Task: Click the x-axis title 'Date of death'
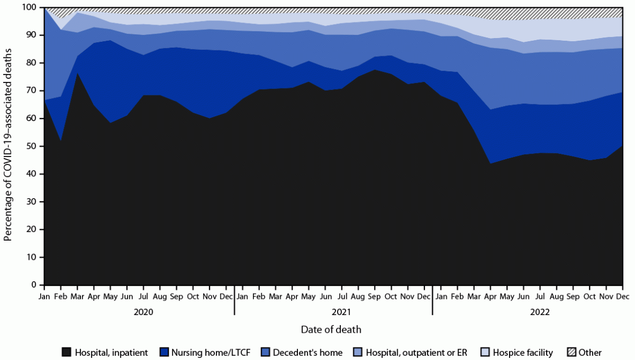tap(331, 329)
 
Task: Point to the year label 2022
tap(539, 311)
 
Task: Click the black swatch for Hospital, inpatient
tap(67, 352)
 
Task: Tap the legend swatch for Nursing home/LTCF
tap(165, 352)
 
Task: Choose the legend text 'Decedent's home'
tap(308, 352)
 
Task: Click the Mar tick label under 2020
tap(78, 296)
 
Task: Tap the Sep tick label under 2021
tap(374, 296)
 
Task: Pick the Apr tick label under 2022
tap(490, 296)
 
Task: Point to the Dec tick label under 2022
tap(622, 296)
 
